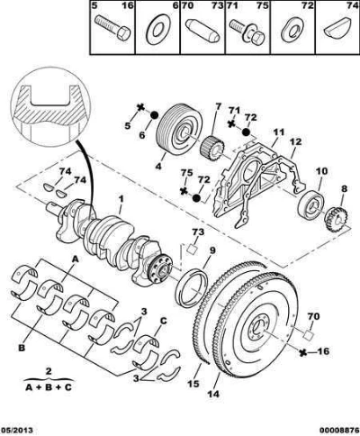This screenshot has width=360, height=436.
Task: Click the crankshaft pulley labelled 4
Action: (179, 129)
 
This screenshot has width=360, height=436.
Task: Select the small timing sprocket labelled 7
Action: (211, 149)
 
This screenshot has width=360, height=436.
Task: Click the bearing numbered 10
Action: (311, 204)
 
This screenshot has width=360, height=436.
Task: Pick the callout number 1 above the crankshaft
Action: (121, 199)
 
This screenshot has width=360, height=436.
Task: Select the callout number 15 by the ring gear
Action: (193, 384)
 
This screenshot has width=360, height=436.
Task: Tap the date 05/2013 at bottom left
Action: (16, 430)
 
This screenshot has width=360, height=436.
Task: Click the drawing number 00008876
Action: (341, 430)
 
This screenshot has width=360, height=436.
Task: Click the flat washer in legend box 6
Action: (157, 29)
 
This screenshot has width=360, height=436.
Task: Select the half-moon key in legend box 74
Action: (338, 27)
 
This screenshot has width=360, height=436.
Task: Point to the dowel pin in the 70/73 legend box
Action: (202, 30)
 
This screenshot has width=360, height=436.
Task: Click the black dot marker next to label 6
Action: (154, 115)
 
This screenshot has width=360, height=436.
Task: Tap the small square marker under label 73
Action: (192, 249)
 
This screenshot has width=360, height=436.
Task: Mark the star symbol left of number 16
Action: (304, 353)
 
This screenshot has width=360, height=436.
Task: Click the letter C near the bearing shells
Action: (163, 322)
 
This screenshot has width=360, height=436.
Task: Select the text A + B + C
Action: (49, 387)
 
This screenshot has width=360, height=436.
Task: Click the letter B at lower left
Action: (22, 348)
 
